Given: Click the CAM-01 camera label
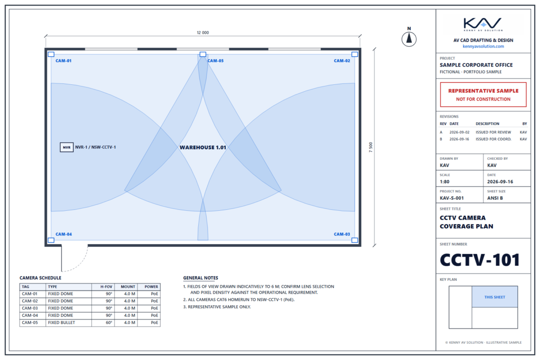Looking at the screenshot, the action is (63, 61).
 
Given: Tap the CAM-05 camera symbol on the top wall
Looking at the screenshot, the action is (203, 54).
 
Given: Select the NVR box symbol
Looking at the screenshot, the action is (66, 147).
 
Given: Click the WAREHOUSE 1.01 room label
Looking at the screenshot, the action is (203, 147).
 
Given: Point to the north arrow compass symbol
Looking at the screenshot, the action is (409, 38).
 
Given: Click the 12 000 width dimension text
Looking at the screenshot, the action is (203, 33).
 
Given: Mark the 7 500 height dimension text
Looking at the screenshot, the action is (371, 147).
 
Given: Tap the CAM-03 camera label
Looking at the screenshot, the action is (342, 235).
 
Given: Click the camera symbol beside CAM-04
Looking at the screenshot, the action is (51, 240).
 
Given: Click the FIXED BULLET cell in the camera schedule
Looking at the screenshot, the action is (61, 323).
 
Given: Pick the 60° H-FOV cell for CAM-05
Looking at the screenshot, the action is (109, 323).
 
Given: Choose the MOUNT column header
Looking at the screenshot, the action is (128, 287).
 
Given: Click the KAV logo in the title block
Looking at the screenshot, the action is (483, 24).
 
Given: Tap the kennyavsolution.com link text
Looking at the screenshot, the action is (483, 46).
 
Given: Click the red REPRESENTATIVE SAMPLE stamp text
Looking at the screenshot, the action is (483, 91).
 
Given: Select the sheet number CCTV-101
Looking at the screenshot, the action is (480, 260).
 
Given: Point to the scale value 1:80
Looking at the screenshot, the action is (445, 182).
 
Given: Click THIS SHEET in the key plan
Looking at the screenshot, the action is (495, 297).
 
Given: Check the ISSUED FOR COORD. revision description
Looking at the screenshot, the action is (494, 139).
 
